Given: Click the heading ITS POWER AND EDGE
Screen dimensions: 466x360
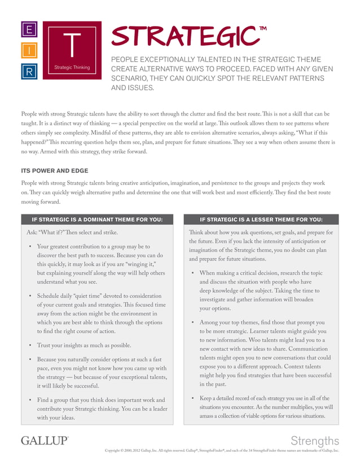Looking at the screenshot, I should [x=54, y=170].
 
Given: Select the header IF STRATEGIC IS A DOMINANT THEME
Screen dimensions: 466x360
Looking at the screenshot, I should [x=96, y=219].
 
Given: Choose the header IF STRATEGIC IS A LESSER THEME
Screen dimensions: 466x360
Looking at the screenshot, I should [x=261, y=219].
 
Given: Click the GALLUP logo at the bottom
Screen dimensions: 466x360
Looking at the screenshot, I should [x=45, y=440].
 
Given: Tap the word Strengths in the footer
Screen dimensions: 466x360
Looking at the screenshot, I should [x=315, y=441].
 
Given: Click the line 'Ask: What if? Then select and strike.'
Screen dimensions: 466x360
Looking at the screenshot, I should [x=73, y=232].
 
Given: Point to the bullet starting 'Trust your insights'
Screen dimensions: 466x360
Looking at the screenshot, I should [x=84, y=345].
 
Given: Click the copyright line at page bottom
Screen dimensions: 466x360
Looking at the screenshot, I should [x=222, y=451].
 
